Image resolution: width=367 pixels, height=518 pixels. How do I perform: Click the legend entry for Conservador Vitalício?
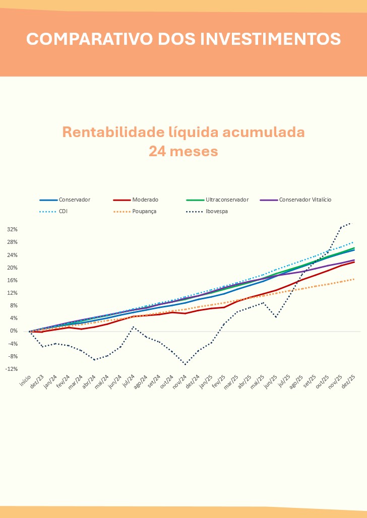point(305,200)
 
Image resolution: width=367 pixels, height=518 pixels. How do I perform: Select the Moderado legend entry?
point(145,200)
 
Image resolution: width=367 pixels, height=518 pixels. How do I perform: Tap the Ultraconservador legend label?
point(227,200)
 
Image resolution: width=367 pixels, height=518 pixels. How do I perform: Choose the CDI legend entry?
point(63,212)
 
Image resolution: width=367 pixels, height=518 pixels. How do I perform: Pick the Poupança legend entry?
point(144,212)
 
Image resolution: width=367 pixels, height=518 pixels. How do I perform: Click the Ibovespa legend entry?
point(216,212)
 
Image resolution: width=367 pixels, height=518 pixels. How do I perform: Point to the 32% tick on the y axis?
point(13,229)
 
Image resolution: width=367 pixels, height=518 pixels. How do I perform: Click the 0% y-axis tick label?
point(14,331)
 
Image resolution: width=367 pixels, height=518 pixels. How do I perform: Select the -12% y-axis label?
point(12,369)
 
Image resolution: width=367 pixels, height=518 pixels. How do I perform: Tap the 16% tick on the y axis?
point(13,280)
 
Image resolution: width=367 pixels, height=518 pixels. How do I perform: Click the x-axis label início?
point(25,380)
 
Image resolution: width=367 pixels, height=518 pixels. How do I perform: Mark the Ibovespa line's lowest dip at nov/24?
point(186,364)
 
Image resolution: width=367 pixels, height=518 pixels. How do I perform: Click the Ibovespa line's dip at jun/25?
point(276,317)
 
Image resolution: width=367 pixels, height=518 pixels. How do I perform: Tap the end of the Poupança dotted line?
point(354,279)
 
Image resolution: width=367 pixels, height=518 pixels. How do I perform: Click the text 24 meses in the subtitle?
point(183,151)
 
